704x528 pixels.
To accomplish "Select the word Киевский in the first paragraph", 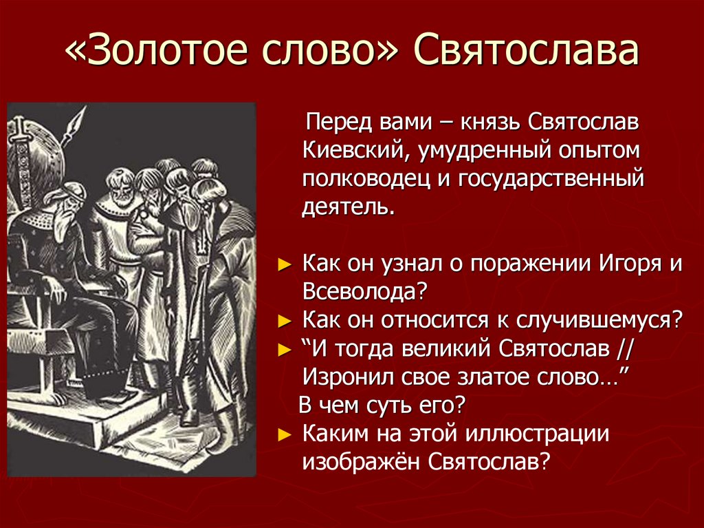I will (348, 149).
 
